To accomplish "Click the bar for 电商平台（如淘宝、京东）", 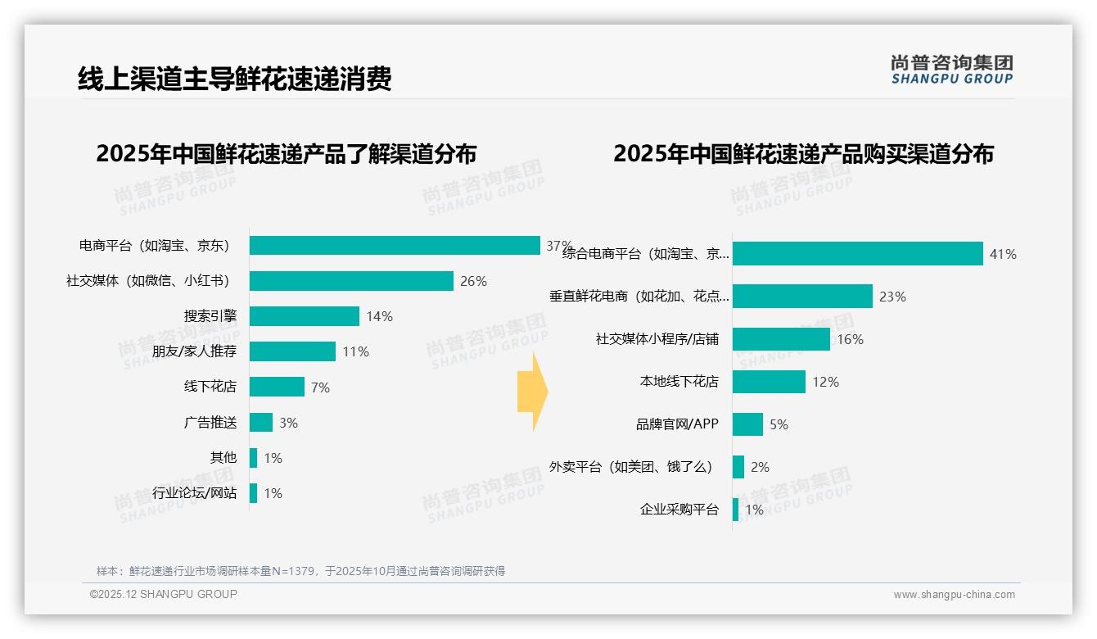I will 395,246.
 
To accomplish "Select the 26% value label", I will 473,281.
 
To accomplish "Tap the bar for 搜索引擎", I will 305,316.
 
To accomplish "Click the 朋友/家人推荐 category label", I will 194,351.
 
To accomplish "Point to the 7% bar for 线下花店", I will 277,387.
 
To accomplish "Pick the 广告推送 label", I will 210,423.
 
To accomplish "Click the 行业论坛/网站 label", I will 194,493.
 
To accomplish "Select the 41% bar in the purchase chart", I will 857,254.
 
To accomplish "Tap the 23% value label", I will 892,297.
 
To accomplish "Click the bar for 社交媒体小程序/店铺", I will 781,339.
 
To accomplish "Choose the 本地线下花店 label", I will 679,382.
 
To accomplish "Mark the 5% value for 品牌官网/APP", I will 779,424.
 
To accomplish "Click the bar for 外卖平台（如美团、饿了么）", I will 738,467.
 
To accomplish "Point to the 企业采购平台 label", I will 679,510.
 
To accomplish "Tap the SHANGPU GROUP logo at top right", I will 951,70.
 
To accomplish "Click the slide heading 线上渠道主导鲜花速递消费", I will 235,79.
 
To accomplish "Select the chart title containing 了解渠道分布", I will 286,154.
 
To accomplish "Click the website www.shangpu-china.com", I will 954,595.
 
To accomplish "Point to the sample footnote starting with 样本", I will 300,571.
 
